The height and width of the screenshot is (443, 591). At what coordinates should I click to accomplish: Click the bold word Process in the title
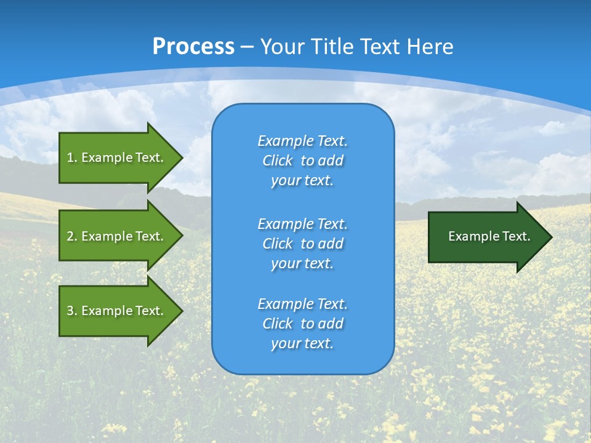[193, 47]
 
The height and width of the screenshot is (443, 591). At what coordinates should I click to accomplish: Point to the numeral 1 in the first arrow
[70, 158]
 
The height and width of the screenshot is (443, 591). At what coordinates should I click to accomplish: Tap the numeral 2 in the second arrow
[70, 236]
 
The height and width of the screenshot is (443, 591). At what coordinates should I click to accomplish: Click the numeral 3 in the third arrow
[70, 311]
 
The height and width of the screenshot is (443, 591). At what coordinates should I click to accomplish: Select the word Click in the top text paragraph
[278, 161]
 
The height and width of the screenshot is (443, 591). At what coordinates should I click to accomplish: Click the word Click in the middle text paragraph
[278, 244]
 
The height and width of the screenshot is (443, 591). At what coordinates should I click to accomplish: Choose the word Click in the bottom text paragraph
[278, 324]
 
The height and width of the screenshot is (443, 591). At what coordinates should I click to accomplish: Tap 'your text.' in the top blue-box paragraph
[302, 181]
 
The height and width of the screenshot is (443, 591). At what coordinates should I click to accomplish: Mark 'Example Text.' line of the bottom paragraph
[302, 304]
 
